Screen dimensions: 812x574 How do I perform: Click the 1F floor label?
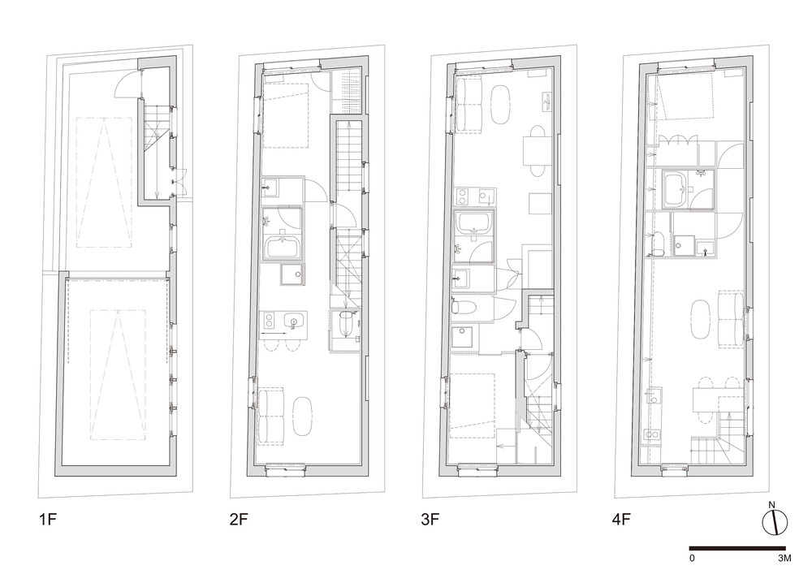46,519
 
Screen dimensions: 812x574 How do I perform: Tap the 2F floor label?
239,519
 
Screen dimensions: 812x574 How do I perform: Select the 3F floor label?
430,519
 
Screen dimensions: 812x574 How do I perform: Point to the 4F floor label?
621,519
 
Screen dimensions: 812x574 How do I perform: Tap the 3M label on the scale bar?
784,558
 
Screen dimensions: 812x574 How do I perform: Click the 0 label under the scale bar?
692,558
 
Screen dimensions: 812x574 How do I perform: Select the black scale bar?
737,548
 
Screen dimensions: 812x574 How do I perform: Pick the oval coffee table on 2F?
302,416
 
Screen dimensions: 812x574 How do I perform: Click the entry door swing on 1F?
127,84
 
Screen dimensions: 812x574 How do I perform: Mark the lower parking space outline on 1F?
118,375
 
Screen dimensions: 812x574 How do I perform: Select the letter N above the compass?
771,505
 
